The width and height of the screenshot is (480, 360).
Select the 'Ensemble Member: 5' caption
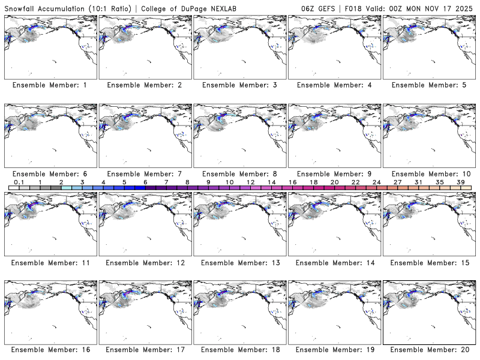pyautogui.click(x=428, y=85)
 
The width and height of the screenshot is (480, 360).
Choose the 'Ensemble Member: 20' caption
pyautogui.click(x=428, y=350)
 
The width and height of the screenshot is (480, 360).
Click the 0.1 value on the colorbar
pyautogui.click(x=19, y=182)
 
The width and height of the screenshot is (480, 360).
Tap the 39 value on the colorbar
pyautogui.click(x=460, y=182)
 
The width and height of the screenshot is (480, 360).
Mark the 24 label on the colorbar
pyautogui.click(x=376, y=182)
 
